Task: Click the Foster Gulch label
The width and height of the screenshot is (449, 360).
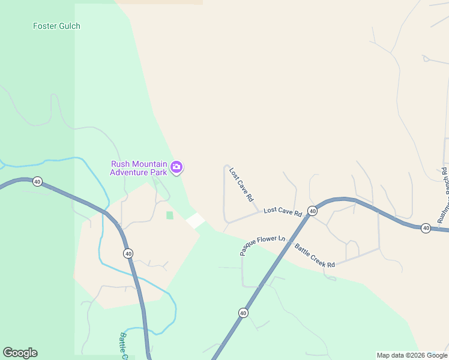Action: tap(56, 26)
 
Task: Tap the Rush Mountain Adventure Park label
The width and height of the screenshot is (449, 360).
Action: tap(138, 168)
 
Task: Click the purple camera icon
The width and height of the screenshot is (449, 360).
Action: tap(176, 167)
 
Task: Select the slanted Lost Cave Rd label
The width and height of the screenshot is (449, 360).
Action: tap(241, 184)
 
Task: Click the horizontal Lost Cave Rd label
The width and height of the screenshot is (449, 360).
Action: tap(282, 211)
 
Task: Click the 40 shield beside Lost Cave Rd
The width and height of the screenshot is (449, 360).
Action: tap(312, 211)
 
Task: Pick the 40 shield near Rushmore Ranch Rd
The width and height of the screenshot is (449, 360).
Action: tap(426, 228)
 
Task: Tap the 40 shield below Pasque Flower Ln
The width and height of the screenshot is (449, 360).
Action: tap(243, 313)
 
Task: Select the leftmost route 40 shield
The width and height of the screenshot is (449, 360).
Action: tap(37, 181)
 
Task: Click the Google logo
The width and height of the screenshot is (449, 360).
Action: tap(20, 353)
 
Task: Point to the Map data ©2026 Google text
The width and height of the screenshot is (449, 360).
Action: tap(412, 355)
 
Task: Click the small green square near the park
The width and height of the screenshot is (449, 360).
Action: tap(169, 215)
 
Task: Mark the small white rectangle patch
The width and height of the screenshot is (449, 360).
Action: tap(195, 220)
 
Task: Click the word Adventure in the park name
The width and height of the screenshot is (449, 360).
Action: tap(129, 172)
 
